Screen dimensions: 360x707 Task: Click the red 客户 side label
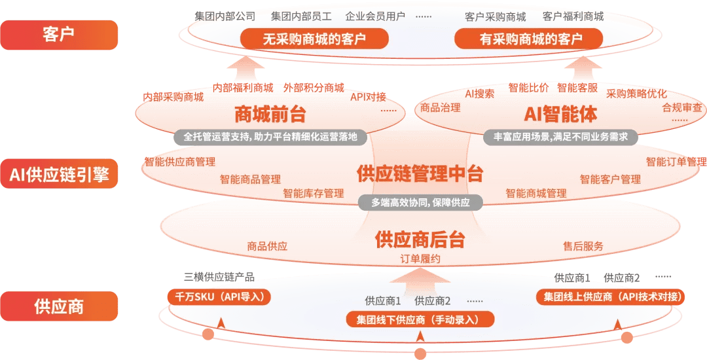[59, 35]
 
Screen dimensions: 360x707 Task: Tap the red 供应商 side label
[59, 306]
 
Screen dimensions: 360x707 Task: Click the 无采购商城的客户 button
[314, 39]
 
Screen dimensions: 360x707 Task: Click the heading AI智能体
[560, 114]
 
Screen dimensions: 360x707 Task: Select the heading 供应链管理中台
[420, 174]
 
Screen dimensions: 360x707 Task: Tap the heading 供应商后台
[420, 240]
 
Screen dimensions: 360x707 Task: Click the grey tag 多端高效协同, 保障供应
[420, 203]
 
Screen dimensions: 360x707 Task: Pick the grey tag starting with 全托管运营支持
[270, 137]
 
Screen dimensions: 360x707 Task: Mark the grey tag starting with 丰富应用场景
[560, 137]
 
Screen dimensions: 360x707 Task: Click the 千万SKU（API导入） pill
[219, 297]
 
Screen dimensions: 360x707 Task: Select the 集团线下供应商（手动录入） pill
[420, 319]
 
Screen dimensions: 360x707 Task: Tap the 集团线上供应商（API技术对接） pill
[612, 297]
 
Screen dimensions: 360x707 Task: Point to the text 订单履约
[420, 259]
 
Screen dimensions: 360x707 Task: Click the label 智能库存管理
[313, 193]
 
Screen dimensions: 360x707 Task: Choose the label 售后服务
[583, 247]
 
